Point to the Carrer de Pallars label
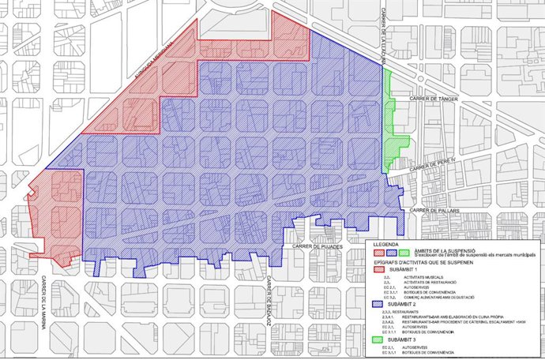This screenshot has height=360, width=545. pyautogui.click(x=429, y=210)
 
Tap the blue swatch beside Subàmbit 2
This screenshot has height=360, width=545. pyautogui.click(x=379, y=303)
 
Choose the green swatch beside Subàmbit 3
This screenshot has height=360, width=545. pyautogui.click(x=379, y=339)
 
